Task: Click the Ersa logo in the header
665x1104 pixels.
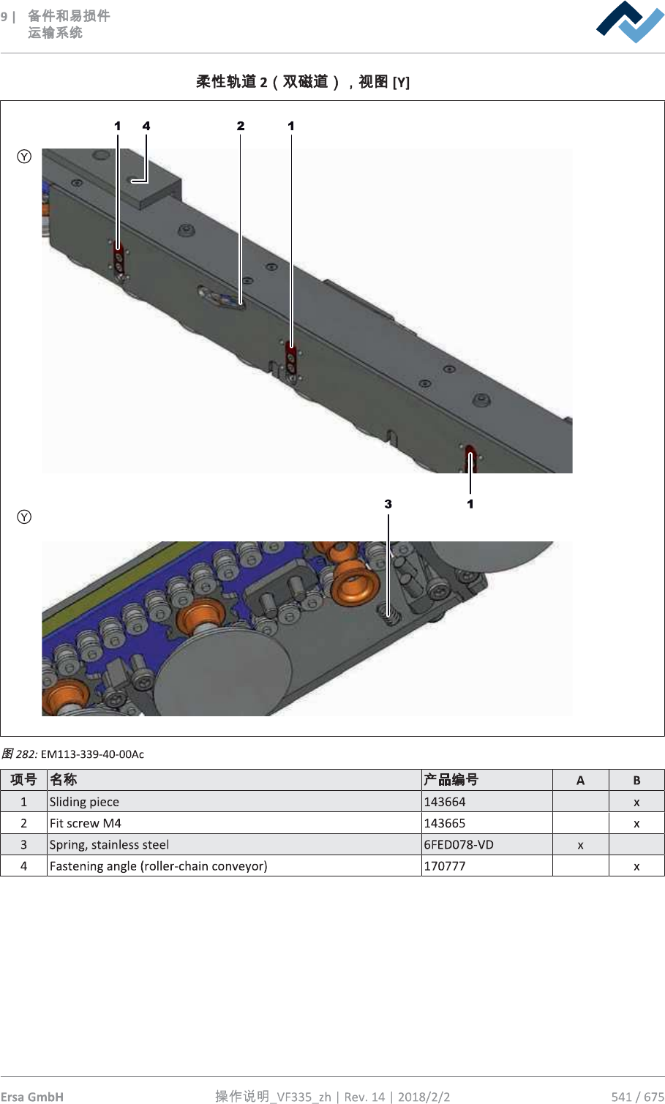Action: (629, 22)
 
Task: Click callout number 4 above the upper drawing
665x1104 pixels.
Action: (146, 126)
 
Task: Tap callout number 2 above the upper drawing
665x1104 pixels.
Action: (241, 126)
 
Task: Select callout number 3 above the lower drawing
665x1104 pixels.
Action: (388, 504)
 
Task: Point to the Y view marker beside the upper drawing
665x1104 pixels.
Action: (24, 157)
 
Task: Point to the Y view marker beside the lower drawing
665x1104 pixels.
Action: (24, 517)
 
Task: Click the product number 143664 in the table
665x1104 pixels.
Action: (445, 802)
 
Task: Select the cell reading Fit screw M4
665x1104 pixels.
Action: (86, 823)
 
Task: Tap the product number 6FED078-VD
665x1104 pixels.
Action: (459, 844)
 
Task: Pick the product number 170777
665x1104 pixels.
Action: (445, 866)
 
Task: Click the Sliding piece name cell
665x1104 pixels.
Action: (84, 802)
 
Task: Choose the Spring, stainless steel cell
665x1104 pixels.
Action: (109, 844)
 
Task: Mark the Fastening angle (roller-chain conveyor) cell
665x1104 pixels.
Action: (158, 866)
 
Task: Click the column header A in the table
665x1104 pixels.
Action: (580, 780)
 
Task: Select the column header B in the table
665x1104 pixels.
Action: (636, 780)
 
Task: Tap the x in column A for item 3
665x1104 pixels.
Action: (580, 845)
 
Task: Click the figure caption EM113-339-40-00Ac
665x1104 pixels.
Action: (92, 754)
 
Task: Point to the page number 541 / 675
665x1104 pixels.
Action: (637, 1096)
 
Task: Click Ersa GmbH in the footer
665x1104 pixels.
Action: (32, 1096)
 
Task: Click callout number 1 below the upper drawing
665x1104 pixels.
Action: (470, 504)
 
